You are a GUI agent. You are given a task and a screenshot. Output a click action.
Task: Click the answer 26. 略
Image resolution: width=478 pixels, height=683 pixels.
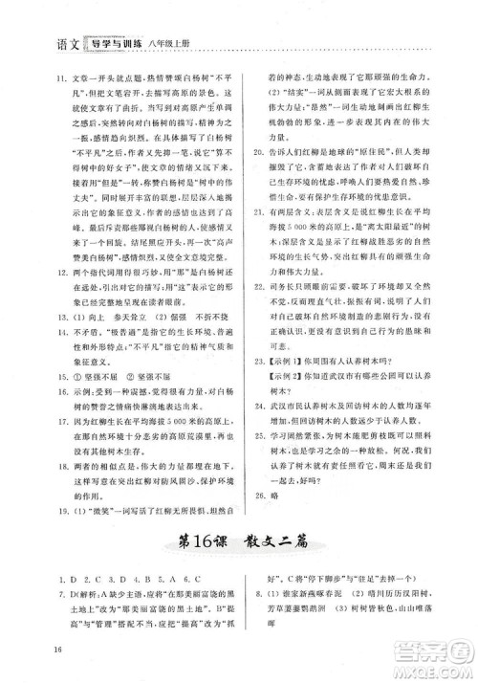(260, 524)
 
